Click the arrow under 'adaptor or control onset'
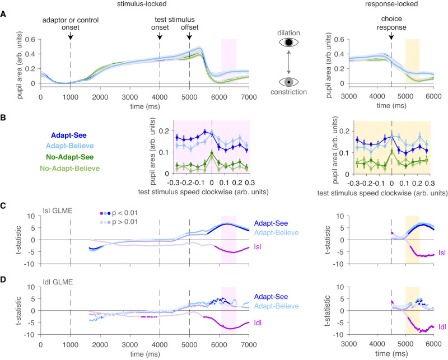71,36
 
